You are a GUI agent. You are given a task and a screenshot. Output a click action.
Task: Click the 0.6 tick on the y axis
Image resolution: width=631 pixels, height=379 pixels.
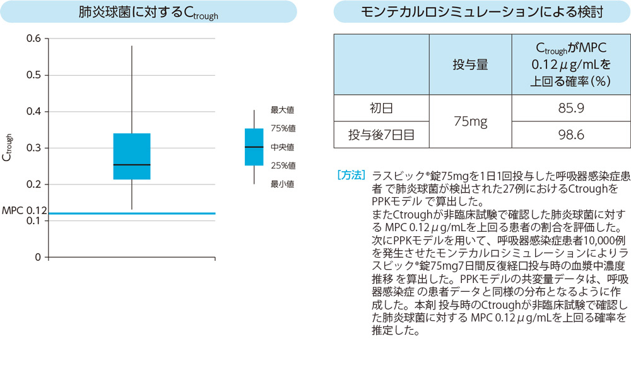(x=33, y=39)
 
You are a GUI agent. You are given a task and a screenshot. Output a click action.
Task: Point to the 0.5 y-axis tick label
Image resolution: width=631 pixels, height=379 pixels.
(x=33, y=75)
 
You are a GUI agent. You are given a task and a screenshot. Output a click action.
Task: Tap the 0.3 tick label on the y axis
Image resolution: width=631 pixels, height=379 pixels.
(x=33, y=148)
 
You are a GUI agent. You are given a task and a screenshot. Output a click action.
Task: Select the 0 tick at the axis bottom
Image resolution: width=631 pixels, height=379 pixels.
(x=38, y=257)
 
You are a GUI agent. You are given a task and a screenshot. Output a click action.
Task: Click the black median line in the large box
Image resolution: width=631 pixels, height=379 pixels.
(x=132, y=165)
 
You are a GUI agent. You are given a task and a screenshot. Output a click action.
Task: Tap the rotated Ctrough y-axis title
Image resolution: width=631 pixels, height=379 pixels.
(x=8, y=148)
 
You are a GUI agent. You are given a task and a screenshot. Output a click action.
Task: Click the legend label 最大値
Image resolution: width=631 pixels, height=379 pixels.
(x=283, y=110)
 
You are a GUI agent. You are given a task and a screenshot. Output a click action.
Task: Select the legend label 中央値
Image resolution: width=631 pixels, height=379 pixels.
(x=283, y=147)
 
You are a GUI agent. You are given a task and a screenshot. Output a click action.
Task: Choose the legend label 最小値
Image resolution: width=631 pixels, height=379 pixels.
(x=283, y=184)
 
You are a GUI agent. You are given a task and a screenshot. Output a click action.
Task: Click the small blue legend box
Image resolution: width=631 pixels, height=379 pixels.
(x=254, y=147)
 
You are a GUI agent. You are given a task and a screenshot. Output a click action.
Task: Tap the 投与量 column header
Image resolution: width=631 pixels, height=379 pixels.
(x=470, y=64)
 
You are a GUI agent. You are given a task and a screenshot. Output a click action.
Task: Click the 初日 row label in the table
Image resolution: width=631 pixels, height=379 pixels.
(x=381, y=108)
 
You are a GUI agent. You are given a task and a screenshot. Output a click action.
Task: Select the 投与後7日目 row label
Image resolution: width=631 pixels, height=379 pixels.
(x=381, y=135)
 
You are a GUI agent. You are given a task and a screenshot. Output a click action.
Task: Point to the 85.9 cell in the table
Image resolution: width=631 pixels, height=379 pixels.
(x=570, y=108)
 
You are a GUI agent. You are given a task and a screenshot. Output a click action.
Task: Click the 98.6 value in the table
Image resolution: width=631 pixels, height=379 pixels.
(x=570, y=135)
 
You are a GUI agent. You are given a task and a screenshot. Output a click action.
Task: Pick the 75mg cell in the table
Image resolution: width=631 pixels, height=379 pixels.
(x=470, y=121)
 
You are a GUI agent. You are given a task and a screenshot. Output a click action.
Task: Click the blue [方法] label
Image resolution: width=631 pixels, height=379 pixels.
(x=351, y=174)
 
